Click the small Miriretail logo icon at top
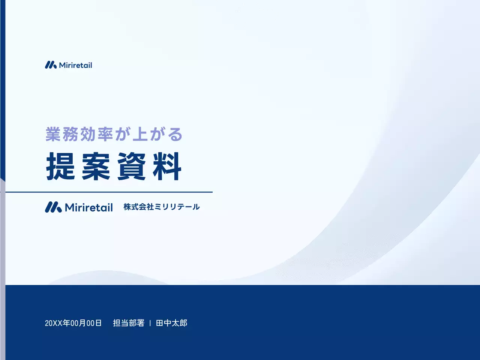(51, 65)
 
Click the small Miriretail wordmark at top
(75, 65)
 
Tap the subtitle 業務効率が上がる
(114, 134)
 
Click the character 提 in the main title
(61, 166)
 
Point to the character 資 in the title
(131, 166)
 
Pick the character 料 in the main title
(167, 166)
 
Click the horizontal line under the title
(109, 192)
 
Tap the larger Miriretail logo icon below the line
(53, 207)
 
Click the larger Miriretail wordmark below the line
(89, 207)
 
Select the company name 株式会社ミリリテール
(162, 207)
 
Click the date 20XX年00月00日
(73, 323)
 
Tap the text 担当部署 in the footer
(129, 323)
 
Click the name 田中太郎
(171, 323)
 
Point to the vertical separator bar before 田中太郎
(150, 323)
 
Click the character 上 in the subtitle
(140, 134)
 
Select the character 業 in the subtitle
(53, 134)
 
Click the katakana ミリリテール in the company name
(177, 207)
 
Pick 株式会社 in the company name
(139, 207)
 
